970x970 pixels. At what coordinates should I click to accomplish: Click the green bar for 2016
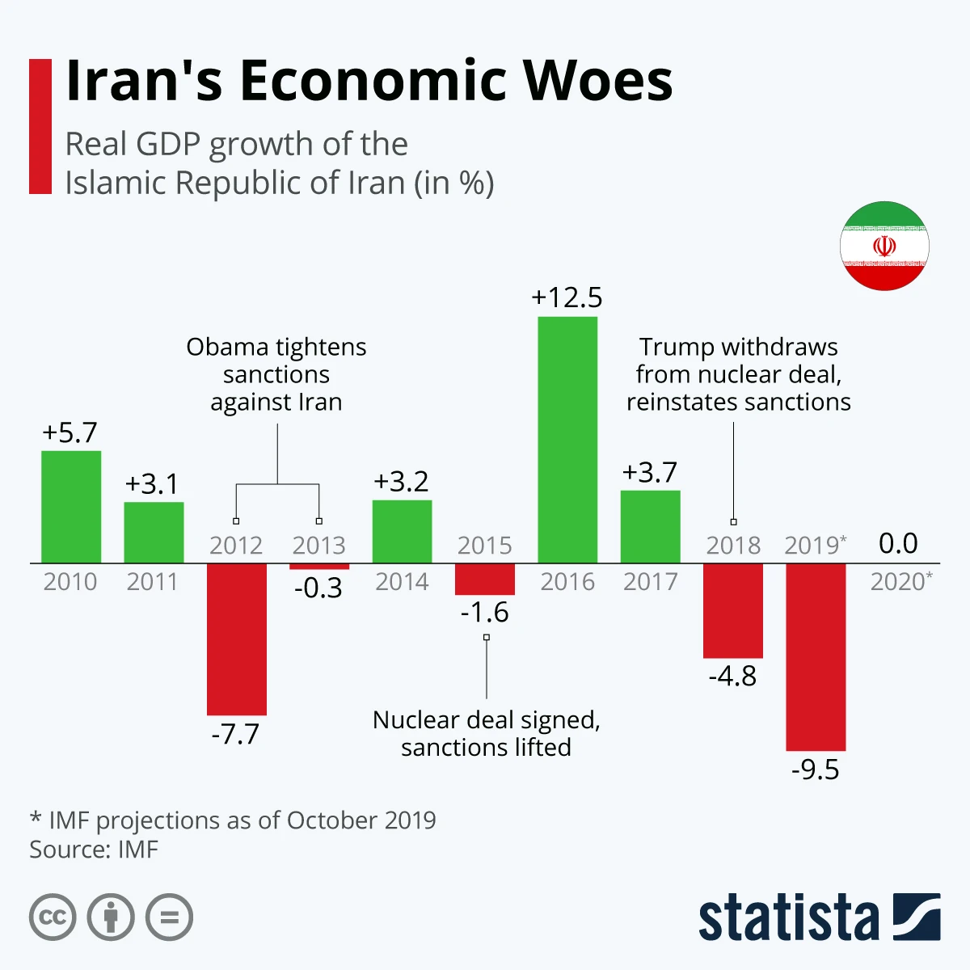pyautogui.click(x=567, y=440)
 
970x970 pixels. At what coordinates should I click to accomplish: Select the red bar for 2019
pyautogui.click(x=816, y=656)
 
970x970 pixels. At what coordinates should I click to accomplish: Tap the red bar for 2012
pyautogui.click(x=236, y=639)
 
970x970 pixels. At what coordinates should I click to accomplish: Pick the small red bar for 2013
pyautogui.click(x=319, y=567)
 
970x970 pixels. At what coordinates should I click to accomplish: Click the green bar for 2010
pyautogui.click(x=71, y=507)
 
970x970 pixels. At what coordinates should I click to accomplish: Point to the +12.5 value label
pyautogui.click(x=567, y=297)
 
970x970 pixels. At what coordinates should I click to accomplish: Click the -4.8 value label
pyautogui.click(x=732, y=676)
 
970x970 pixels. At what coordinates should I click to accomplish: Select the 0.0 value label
pyautogui.click(x=898, y=543)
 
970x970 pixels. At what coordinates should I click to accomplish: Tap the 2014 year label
pyautogui.click(x=402, y=581)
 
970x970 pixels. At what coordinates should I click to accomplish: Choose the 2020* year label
pyautogui.click(x=900, y=581)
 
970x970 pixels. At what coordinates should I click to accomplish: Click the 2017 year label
pyautogui.click(x=650, y=581)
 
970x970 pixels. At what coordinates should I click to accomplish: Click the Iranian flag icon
pyautogui.click(x=884, y=246)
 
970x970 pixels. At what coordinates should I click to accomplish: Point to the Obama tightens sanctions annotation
pyautogui.click(x=276, y=374)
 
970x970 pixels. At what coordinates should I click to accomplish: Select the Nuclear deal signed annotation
pyautogui.click(x=486, y=733)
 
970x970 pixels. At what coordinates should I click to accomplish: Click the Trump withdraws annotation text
pyautogui.click(x=738, y=374)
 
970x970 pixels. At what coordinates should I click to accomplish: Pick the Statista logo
pyautogui.click(x=819, y=917)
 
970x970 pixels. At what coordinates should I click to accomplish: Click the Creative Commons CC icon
pyautogui.click(x=53, y=917)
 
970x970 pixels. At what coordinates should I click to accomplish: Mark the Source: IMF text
pyautogui.click(x=94, y=850)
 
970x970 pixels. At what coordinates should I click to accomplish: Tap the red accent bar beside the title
pyautogui.click(x=40, y=126)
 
